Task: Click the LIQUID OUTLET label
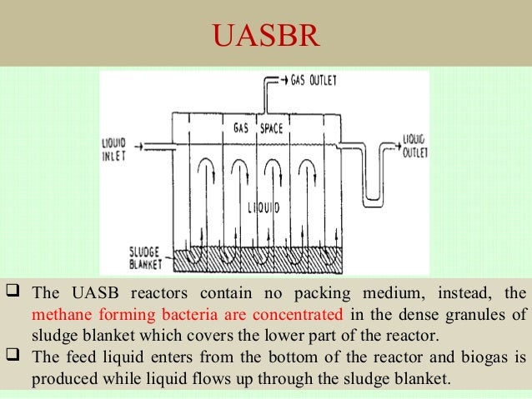coord(414,147)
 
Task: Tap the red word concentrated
coord(298,314)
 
